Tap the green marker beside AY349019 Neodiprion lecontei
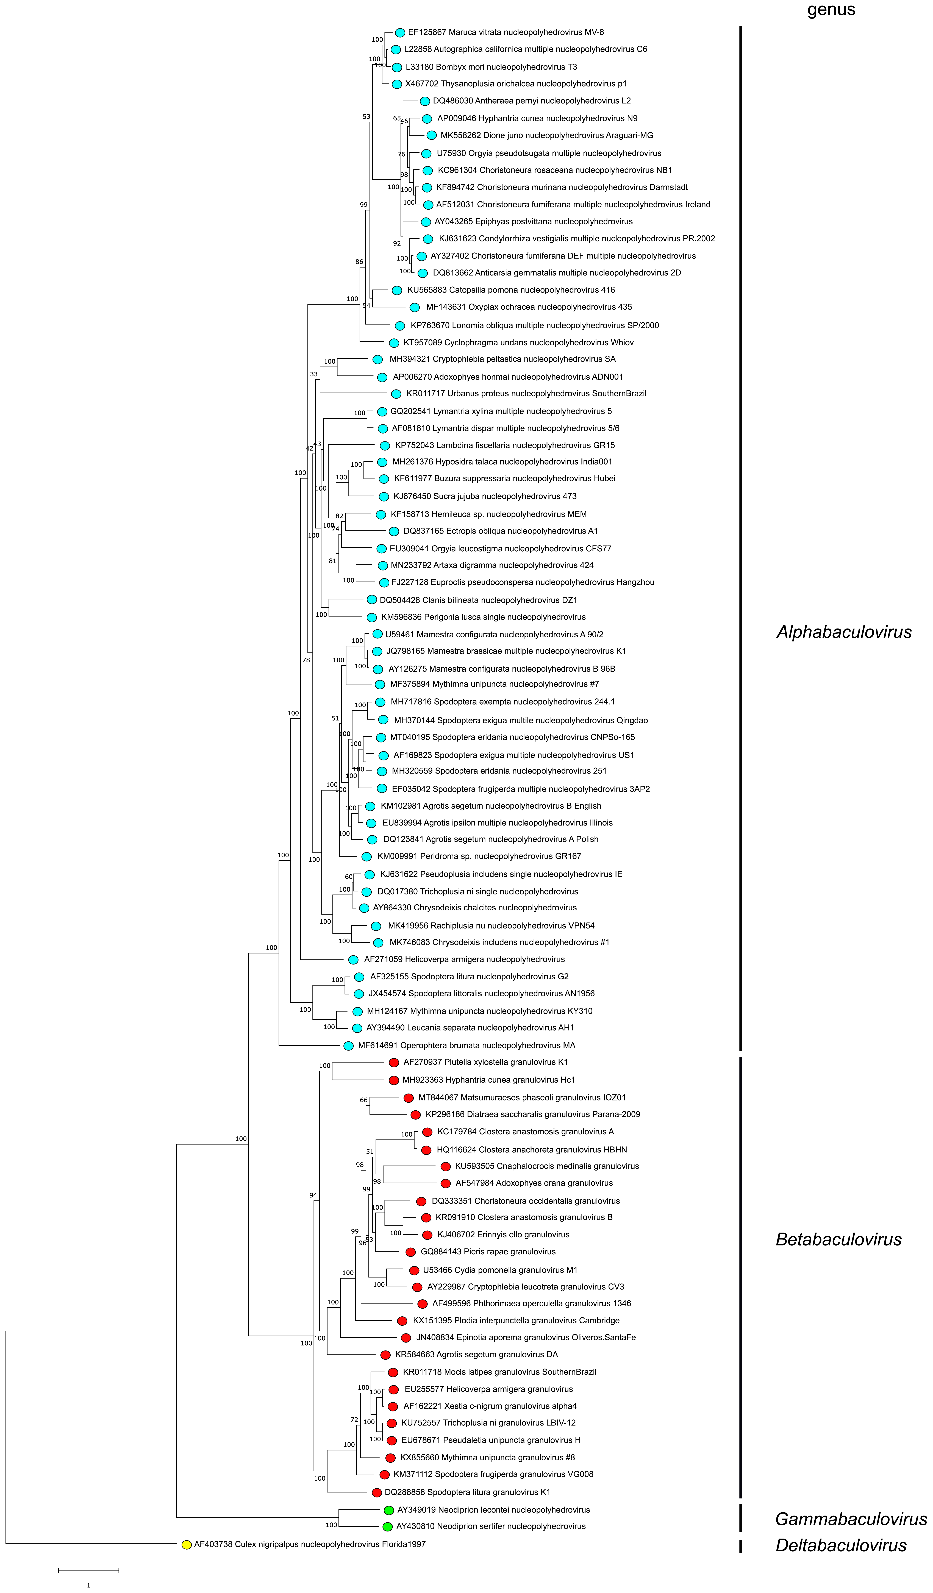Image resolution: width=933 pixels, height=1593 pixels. click(389, 1510)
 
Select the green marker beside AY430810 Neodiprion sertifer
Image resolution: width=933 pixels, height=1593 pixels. click(387, 1527)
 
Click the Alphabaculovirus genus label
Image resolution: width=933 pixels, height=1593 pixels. click(844, 632)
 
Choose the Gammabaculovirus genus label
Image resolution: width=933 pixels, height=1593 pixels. click(851, 1519)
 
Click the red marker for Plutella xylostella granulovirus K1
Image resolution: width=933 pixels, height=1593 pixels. click(394, 1063)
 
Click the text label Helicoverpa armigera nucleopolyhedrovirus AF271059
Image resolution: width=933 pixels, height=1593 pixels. click(465, 960)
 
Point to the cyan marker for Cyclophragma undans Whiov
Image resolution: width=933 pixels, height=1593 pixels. click(393, 343)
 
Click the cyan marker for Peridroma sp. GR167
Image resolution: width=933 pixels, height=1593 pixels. click(367, 857)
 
